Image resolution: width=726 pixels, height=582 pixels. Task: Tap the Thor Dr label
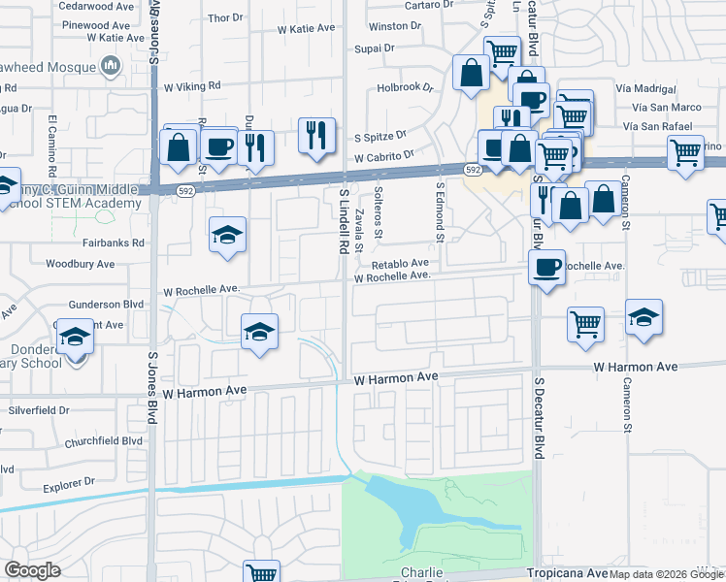[x=225, y=17]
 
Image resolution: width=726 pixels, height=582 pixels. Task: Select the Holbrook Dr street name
[x=406, y=86]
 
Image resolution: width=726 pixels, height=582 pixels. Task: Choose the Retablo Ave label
[x=399, y=263]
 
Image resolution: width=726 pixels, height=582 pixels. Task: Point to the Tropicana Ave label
[x=567, y=573]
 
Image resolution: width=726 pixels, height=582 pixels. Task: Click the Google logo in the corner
[x=31, y=571]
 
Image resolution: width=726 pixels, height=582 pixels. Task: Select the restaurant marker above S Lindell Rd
[x=315, y=135]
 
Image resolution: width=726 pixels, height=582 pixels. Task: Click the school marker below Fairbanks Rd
[x=227, y=236]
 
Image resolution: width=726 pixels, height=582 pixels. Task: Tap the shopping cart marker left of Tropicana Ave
[x=261, y=572]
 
